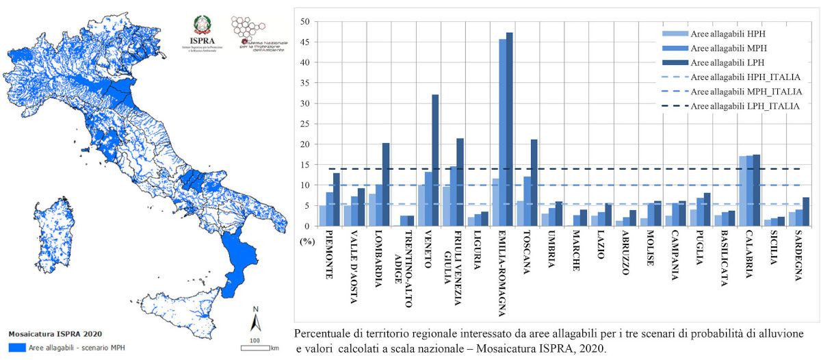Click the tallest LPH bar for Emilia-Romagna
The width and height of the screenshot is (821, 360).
click(509, 129)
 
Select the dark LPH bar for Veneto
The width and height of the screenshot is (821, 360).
click(435, 160)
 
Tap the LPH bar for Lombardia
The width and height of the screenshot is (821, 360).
click(386, 184)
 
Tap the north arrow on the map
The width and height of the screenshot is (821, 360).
click(255, 320)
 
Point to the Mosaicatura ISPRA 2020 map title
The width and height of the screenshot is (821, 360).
click(55, 335)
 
